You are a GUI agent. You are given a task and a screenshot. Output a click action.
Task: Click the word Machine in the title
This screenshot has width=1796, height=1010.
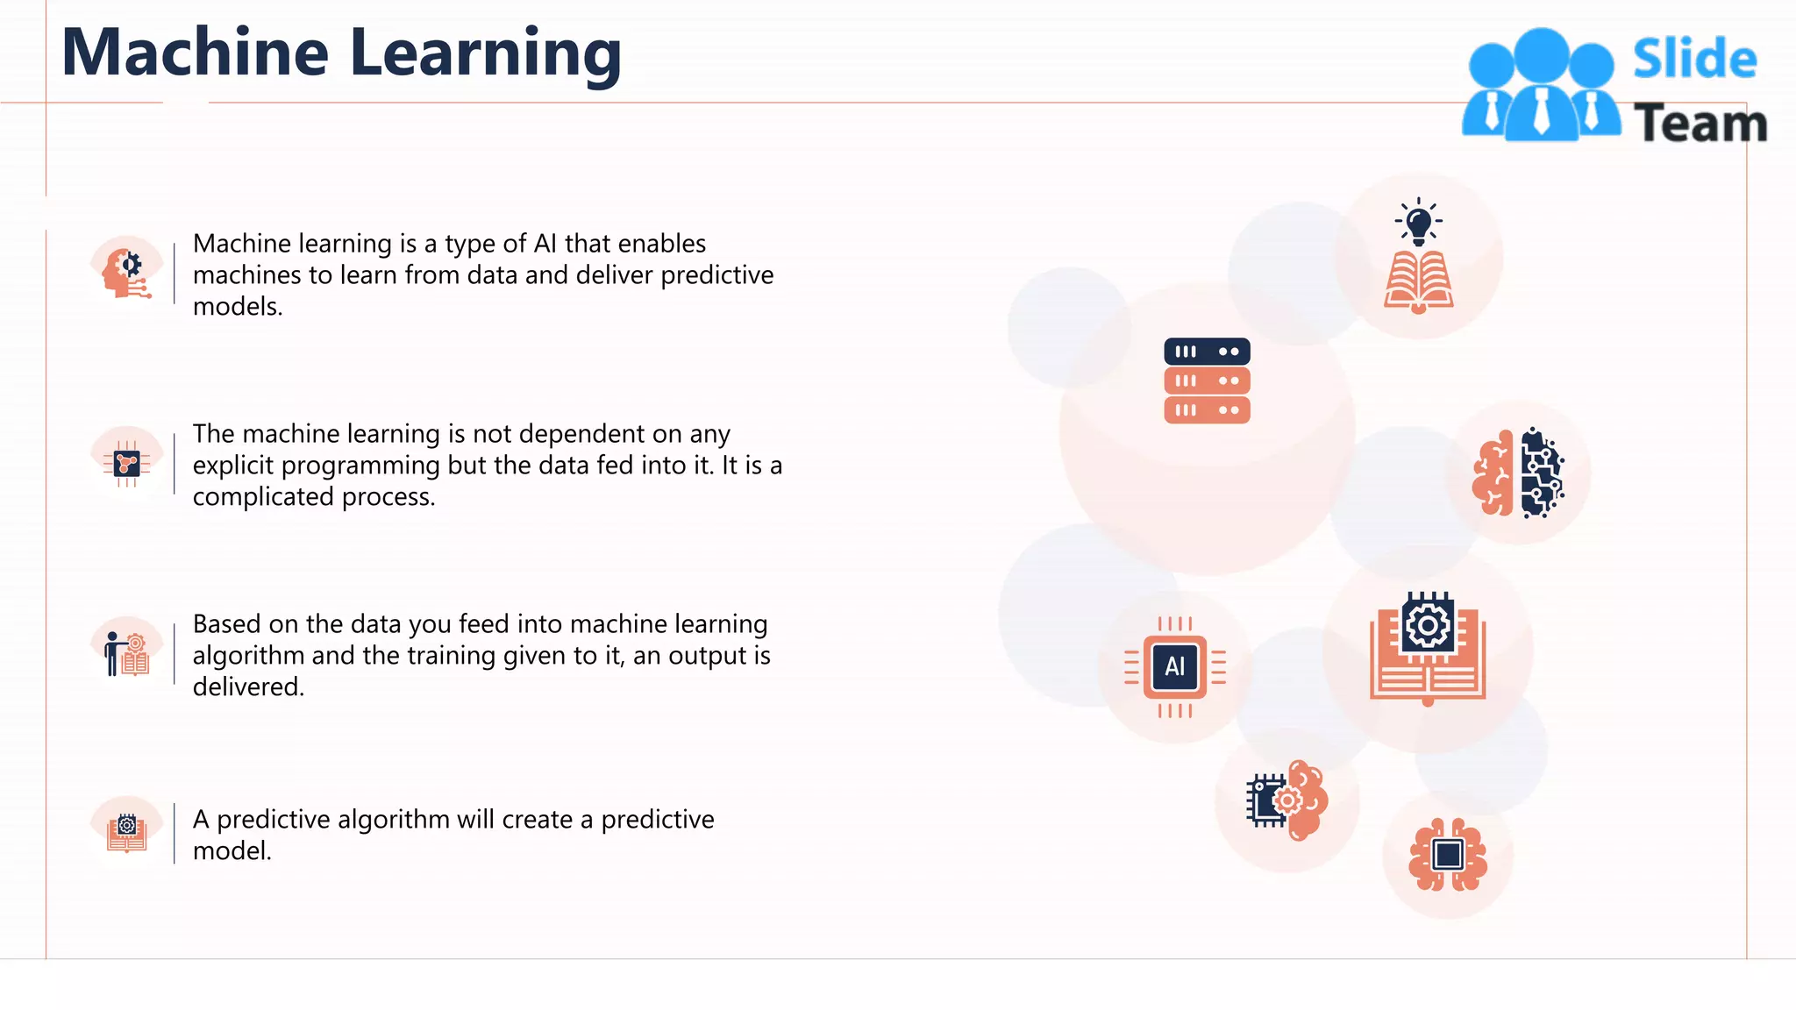(195, 53)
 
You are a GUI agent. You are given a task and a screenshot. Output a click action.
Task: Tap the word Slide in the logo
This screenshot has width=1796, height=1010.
(1694, 59)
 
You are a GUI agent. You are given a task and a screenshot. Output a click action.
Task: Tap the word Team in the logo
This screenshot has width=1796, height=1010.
(1700, 123)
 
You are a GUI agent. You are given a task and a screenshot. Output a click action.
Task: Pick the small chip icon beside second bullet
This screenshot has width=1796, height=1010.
(126, 463)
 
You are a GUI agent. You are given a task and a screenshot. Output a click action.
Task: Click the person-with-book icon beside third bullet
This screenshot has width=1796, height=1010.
(126, 653)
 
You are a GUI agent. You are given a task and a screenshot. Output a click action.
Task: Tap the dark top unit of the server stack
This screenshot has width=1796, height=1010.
(1207, 352)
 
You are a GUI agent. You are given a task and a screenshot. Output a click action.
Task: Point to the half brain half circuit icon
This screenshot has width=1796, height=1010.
(1519, 473)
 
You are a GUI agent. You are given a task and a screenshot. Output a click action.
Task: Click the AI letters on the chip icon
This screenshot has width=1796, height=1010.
(1175, 667)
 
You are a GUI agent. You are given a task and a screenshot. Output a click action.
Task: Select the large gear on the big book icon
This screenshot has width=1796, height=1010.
(1428, 625)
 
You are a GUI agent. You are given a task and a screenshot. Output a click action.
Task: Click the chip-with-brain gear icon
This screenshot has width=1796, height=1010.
(1286, 800)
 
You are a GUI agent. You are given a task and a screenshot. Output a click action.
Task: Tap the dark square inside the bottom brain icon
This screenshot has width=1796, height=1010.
(1448, 854)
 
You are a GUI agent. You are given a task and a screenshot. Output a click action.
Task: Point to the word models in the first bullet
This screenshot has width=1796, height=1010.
(236, 307)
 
